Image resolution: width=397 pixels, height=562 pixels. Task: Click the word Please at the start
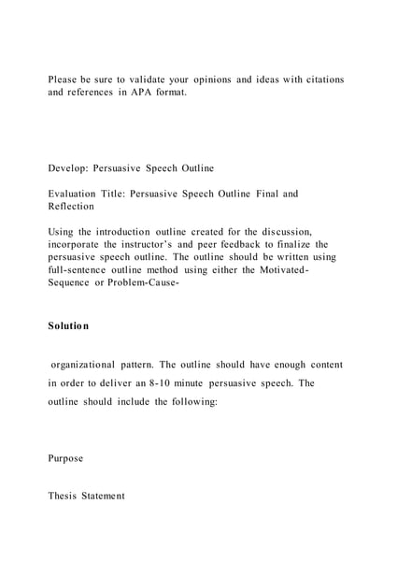[x=65, y=79]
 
